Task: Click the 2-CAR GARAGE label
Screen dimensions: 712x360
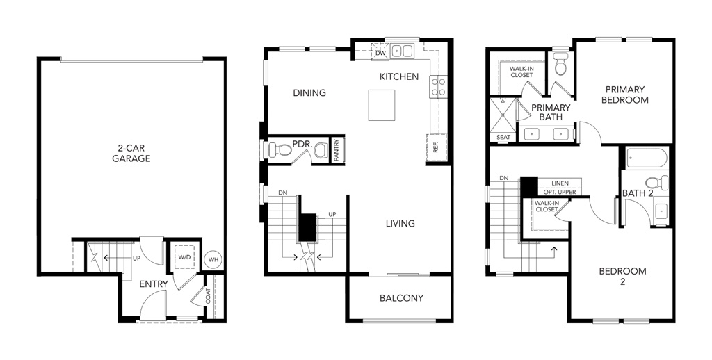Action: [131, 154]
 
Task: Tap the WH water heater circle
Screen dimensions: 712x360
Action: [213, 260]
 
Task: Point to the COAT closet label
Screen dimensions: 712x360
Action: [208, 297]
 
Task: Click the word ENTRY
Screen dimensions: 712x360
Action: [154, 284]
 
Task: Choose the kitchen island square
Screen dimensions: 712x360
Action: [382, 105]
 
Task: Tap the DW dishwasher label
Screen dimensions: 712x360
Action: [381, 53]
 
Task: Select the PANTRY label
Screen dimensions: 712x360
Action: [337, 150]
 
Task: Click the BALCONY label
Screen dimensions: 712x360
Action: [401, 298]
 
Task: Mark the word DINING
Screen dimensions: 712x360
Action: [309, 93]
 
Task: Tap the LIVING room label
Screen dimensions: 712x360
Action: [400, 223]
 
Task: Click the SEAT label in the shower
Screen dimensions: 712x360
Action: [503, 137]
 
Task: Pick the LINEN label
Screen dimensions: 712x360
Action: [560, 183]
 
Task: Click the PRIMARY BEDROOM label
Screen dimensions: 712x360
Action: [625, 95]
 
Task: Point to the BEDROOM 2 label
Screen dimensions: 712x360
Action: [622, 277]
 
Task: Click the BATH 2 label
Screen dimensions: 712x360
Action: [638, 193]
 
